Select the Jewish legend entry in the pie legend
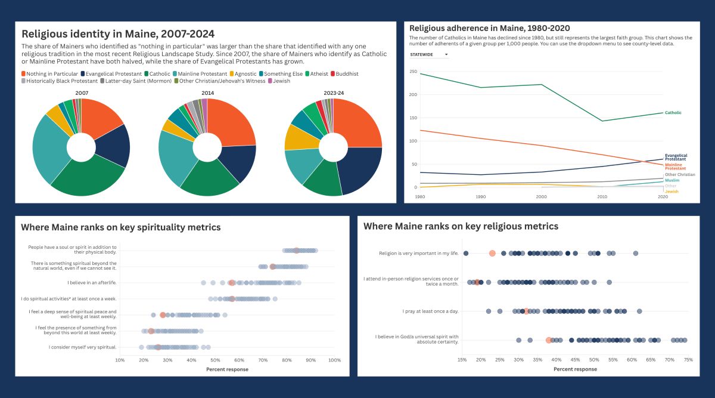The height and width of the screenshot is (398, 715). (282, 81)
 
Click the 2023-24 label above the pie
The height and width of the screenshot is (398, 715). (333, 93)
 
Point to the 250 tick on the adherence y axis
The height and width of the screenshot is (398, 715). (413, 72)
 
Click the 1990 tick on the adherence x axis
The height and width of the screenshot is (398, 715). (480, 196)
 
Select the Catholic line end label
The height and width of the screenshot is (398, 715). (673, 113)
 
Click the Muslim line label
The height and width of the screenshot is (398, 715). (672, 180)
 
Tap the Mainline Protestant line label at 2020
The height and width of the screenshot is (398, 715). (675, 166)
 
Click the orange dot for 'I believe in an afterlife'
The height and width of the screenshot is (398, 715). (232, 283)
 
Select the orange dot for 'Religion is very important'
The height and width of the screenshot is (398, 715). (492, 254)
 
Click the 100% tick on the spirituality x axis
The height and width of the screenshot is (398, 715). (334, 360)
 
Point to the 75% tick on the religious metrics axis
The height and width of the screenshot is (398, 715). (688, 360)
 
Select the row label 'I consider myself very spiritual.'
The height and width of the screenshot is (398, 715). (83, 347)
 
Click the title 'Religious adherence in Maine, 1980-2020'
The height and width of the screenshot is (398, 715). (489, 28)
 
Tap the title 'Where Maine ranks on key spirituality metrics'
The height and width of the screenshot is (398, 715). (121, 227)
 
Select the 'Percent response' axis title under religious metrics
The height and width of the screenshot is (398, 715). (575, 369)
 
